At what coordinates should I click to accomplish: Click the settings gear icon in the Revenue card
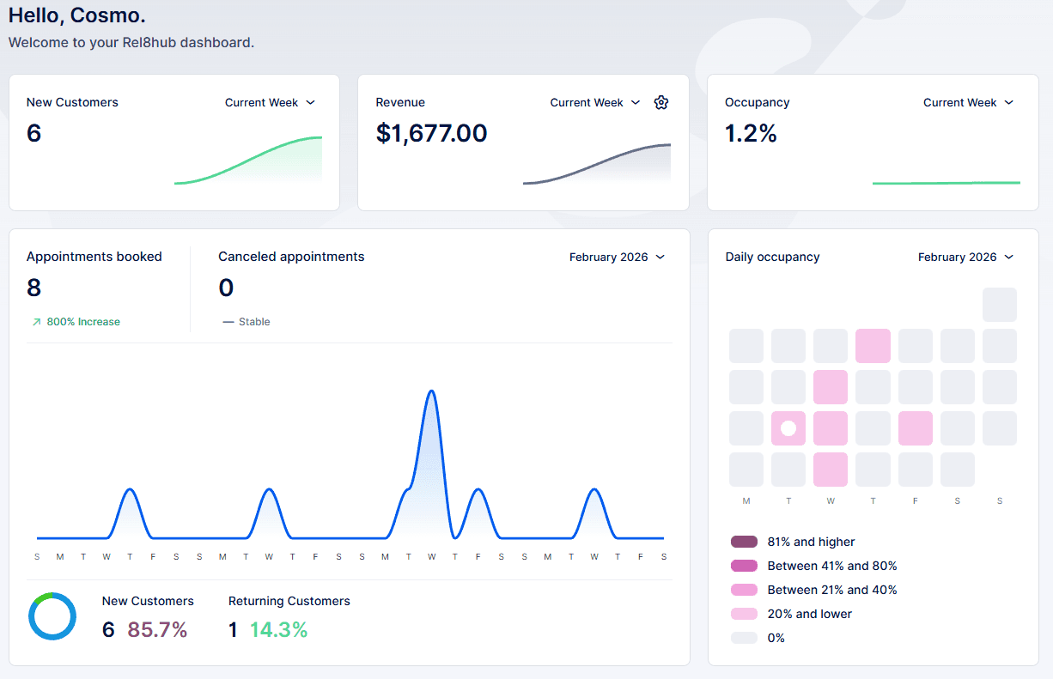tap(660, 102)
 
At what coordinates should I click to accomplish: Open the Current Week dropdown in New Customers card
tap(270, 102)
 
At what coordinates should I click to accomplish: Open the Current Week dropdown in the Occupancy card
tap(968, 102)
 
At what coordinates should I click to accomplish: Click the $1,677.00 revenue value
tap(431, 133)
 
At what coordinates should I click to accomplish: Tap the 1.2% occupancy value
tap(751, 133)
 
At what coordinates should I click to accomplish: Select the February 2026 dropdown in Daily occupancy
tap(965, 257)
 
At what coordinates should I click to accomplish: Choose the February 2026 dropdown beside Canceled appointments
tap(617, 257)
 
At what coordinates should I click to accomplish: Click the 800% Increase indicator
tap(76, 322)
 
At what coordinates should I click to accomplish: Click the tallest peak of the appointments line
tap(431, 391)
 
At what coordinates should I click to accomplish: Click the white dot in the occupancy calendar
tap(788, 428)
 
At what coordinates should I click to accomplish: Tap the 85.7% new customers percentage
tap(157, 629)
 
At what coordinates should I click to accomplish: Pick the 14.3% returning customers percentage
tap(278, 629)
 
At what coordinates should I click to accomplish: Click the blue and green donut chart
tap(52, 616)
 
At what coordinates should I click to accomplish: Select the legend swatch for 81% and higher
tap(744, 542)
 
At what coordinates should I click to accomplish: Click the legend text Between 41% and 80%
tap(831, 566)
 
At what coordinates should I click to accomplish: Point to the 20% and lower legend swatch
tap(744, 614)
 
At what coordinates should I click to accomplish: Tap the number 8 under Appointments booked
tap(34, 288)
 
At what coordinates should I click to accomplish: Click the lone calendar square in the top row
tap(999, 305)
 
